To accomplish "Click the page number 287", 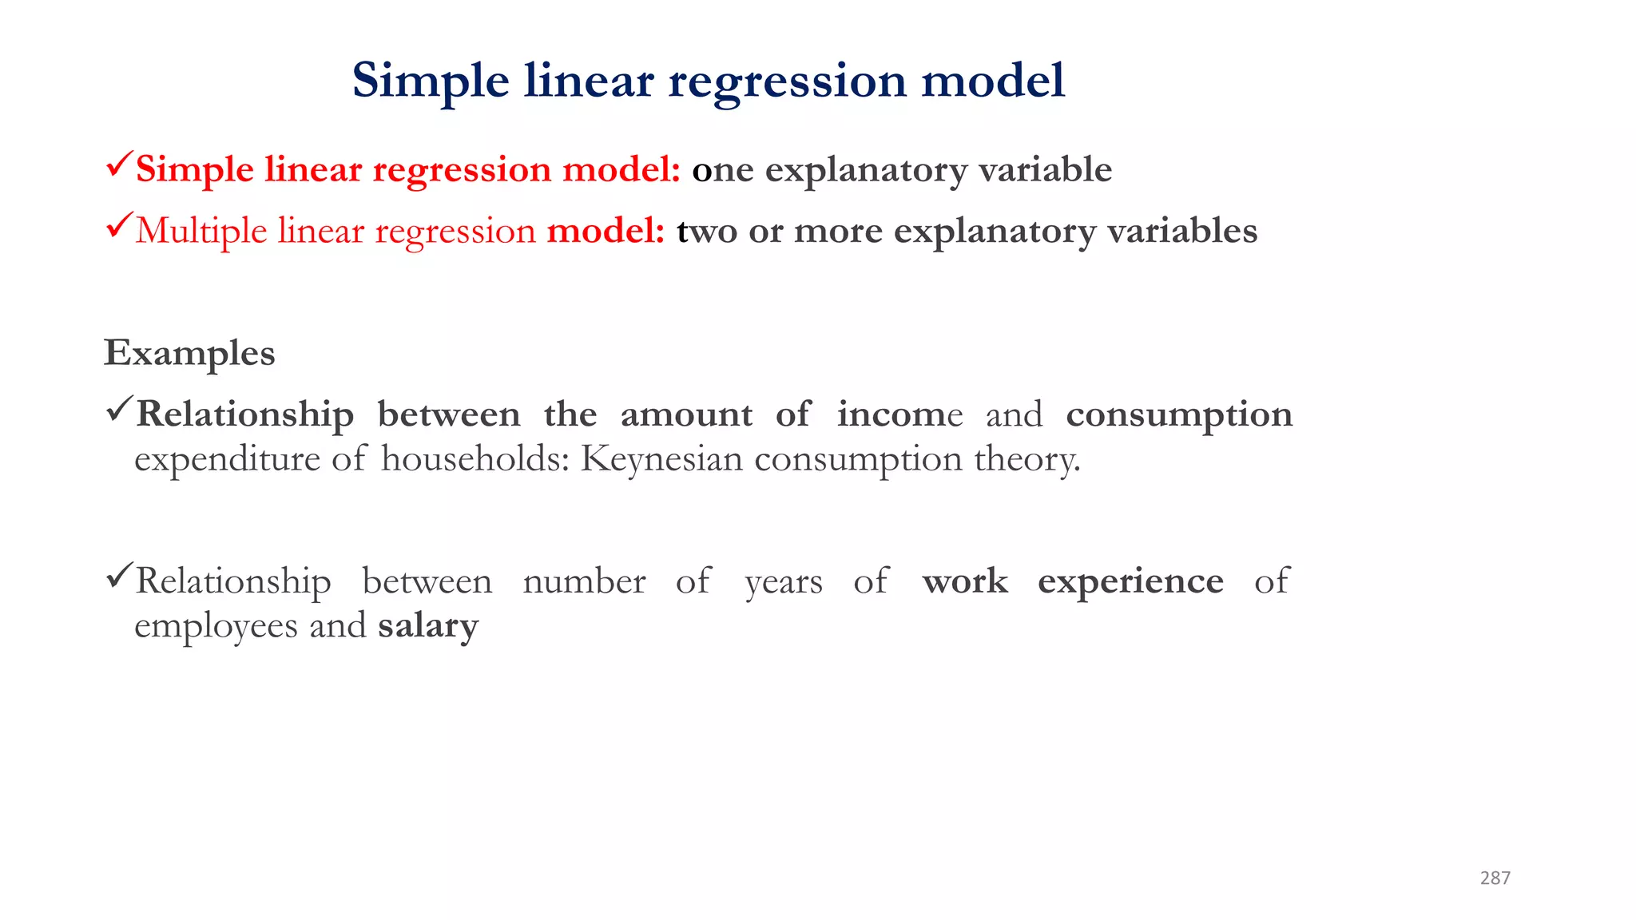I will tap(1495, 878).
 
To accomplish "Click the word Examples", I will tap(189, 353).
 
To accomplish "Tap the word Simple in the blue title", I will tap(430, 81).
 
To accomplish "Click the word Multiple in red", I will tap(201, 231).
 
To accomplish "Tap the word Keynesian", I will tap(661, 458).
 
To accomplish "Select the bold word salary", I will tap(428, 625).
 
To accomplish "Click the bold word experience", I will tap(1130, 581).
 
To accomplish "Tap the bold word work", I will tap(965, 581).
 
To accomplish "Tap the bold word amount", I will tap(686, 414).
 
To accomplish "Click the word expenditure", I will tap(227, 460).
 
